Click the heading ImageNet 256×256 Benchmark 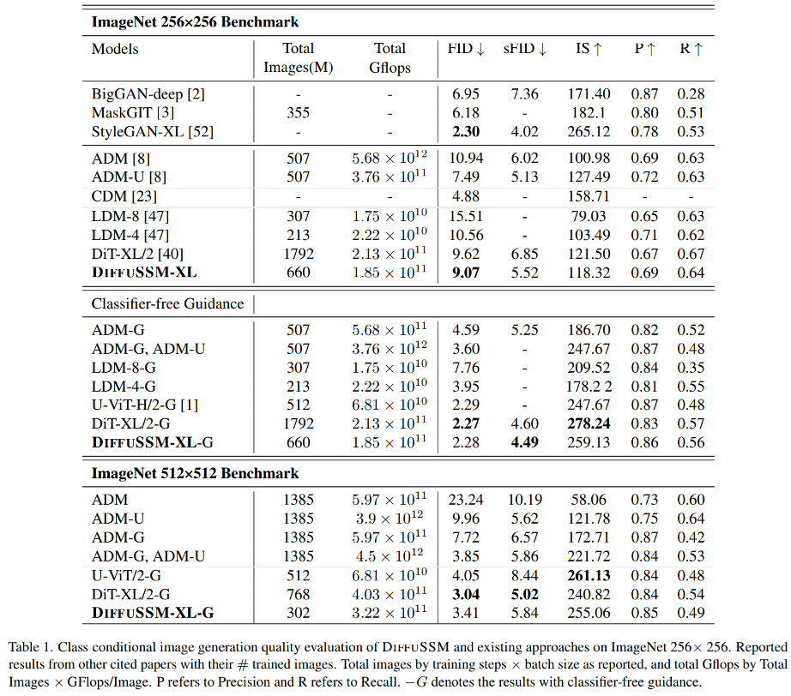click(196, 21)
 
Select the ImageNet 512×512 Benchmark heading click(196, 473)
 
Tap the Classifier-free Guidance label click(168, 303)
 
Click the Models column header click(115, 49)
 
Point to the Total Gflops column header click(389, 57)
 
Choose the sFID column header click(525, 49)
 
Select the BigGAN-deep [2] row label click(148, 93)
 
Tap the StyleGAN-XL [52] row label click(153, 131)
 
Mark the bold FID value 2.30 click(465, 131)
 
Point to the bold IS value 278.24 click(589, 424)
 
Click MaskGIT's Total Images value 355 click(298, 112)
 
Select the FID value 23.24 click(465, 500)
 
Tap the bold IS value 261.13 click(589, 575)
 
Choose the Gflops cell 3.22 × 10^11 click(389, 613)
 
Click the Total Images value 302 click(298, 613)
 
